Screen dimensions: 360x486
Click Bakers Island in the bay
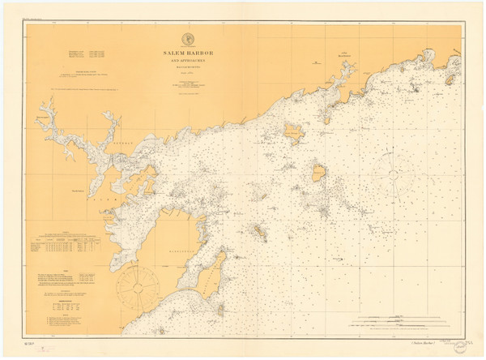click(319, 171)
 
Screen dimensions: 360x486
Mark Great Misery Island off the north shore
click(293, 131)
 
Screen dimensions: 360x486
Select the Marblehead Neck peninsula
click(213, 272)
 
